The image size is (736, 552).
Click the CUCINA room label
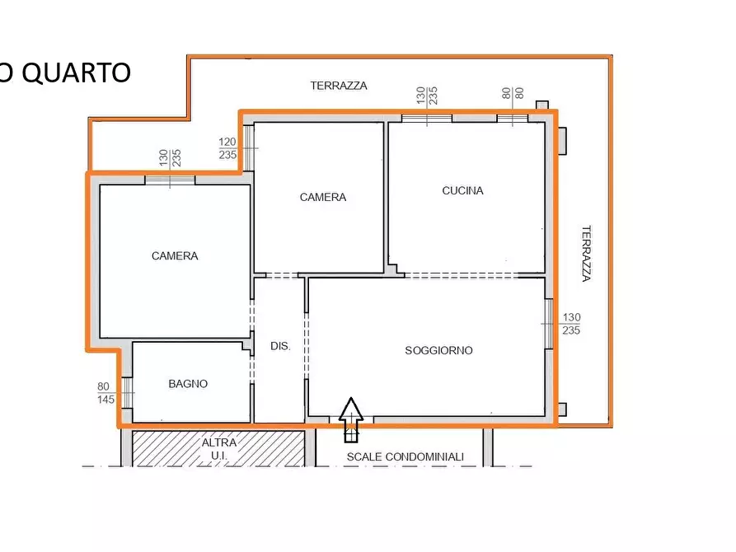(x=462, y=190)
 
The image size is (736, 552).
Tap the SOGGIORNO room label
(x=438, y=350)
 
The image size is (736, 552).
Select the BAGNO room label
(x=188, y=383)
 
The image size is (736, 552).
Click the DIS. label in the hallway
(x=280, y=346)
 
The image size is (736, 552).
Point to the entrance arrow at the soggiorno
(x=352, y=419)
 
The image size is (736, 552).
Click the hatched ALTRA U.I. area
(x=218, y=448)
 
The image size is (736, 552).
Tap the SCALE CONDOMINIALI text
(x=405, y=456)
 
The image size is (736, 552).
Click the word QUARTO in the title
(x=76, y=73)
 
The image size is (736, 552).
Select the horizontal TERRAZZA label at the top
(x=339, y=85)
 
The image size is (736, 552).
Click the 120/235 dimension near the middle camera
(x=228, y=148)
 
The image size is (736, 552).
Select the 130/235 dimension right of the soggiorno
(x=571, y=324)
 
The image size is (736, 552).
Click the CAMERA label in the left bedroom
(x=175, y=256)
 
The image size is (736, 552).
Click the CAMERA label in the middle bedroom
(x=323, y=197)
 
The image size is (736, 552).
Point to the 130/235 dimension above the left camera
(x=170, y=157)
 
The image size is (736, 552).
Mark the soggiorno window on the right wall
(x=549, y=323)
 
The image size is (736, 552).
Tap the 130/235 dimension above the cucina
(x=426, y=95)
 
